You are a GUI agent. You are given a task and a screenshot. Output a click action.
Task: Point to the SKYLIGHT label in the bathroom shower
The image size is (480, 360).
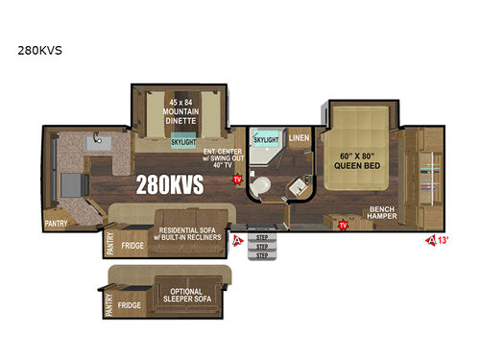pyautogui.click(x=267, y=139)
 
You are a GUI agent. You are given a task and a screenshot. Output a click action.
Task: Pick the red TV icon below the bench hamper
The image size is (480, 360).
pyautogui.click(x=342, y=225)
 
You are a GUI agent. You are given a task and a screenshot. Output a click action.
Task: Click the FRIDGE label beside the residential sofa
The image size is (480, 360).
pyautogui.click(x=132, y=246)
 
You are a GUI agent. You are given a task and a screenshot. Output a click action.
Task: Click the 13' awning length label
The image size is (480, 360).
pyautogui.click(x=444, y=240)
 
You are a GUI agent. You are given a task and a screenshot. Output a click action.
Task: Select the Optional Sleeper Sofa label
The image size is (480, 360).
pyautogui.click(x=192, y=296)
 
